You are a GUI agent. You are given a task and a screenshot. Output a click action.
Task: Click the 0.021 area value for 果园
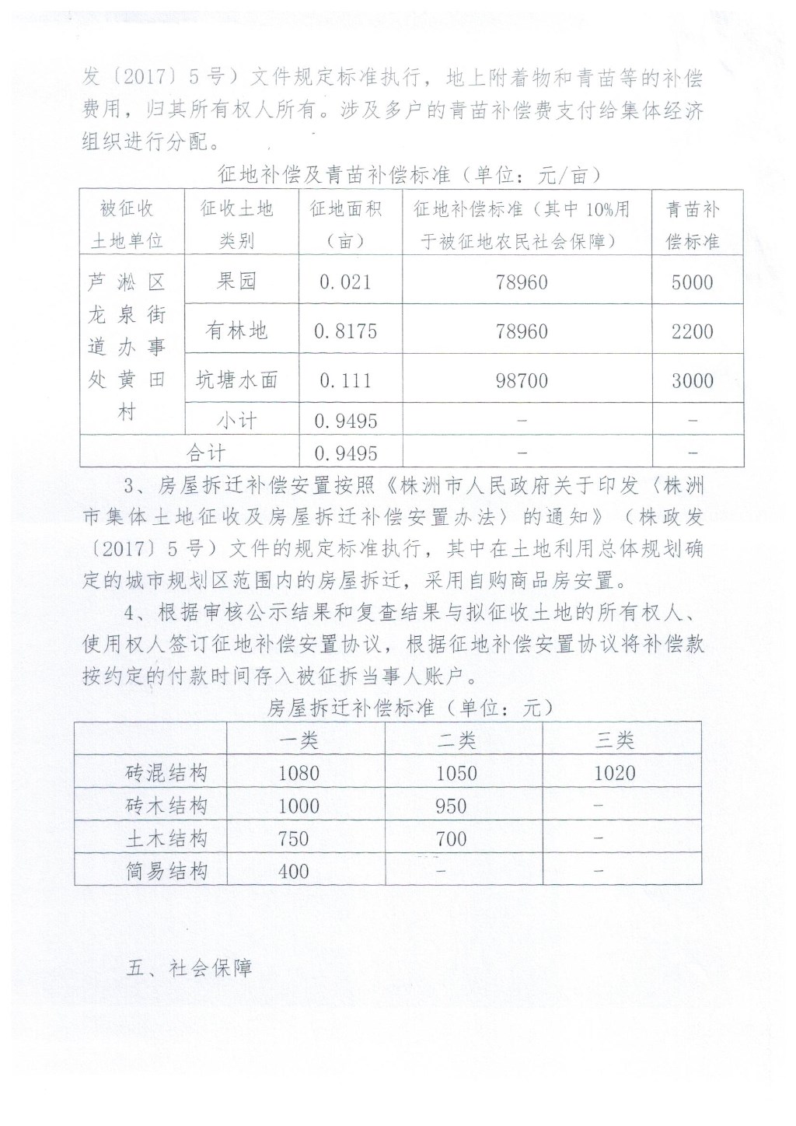click(345, 281)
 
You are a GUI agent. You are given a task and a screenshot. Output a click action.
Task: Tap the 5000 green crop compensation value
click(692, 281)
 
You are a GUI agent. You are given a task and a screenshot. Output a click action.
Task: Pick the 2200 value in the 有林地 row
click(692, 331)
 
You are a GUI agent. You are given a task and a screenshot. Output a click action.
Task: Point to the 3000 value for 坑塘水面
click(692, 380)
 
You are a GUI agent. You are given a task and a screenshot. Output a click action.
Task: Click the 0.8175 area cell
click(345, 331)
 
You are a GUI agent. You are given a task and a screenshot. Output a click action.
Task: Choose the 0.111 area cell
click(345, 380)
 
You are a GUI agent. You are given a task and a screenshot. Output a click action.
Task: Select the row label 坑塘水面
click(236, 380)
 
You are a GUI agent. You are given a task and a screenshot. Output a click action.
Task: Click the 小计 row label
click(236, 421)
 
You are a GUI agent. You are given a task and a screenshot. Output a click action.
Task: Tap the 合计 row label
click(205, 453)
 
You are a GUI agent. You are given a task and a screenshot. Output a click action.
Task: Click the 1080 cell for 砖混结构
click(298, 773)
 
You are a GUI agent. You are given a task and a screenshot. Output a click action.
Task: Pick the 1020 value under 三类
click(614, 773)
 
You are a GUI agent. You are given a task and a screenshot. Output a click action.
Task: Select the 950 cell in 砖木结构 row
click(451, 806)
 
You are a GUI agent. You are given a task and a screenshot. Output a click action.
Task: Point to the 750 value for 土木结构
click(293, 839)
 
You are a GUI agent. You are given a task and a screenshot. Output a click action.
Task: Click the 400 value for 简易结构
click(293, 871)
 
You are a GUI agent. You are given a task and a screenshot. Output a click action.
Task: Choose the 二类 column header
click(456, 740)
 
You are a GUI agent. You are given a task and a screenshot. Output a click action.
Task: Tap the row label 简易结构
click(167, 871)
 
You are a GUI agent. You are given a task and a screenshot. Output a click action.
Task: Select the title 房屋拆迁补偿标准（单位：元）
click(410, 708)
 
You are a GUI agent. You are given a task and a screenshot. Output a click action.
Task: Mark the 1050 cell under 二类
click(456, 773)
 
